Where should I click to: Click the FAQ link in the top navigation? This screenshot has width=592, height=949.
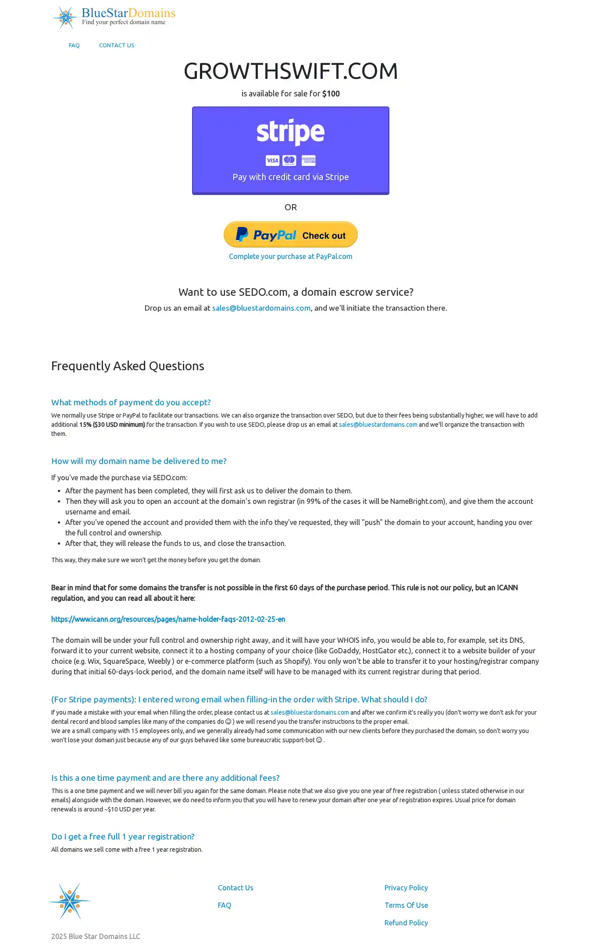[x=74, y=46]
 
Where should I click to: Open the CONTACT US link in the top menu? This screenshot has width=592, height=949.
[x=117, y=46]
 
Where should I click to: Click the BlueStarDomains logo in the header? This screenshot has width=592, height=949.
[x=114, y=18]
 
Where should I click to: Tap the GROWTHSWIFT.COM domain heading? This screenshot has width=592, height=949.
[x=290, y=71]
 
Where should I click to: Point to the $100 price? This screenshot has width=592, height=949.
[x=331, y=94]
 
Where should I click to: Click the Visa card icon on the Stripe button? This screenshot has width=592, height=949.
[x=272, y=161]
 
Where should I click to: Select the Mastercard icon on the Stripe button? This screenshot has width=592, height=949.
[x=289, y=161]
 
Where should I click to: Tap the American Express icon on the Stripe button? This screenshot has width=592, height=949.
[x=309, y=161]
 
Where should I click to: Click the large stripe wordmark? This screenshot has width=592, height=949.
[x=290, y=131]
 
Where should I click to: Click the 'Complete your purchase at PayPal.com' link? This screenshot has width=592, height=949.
[x=290, y=257]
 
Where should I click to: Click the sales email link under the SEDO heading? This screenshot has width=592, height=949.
[x=261, y=308]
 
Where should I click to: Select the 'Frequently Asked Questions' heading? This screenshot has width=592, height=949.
[x=128, y=366]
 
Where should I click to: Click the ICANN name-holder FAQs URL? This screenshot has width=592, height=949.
[x=168, y=619]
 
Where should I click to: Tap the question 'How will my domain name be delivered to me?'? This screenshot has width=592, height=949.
[x=139, y=461]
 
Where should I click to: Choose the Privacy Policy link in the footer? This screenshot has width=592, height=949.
[x=406, y=888]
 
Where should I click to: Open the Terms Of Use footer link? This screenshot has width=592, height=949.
[x=406, y=905]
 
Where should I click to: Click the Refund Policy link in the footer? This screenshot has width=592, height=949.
[x=406, y=923]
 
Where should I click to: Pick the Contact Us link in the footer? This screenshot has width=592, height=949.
[x=235, y=888]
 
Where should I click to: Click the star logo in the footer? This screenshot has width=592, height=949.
[x=70, y=901]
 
